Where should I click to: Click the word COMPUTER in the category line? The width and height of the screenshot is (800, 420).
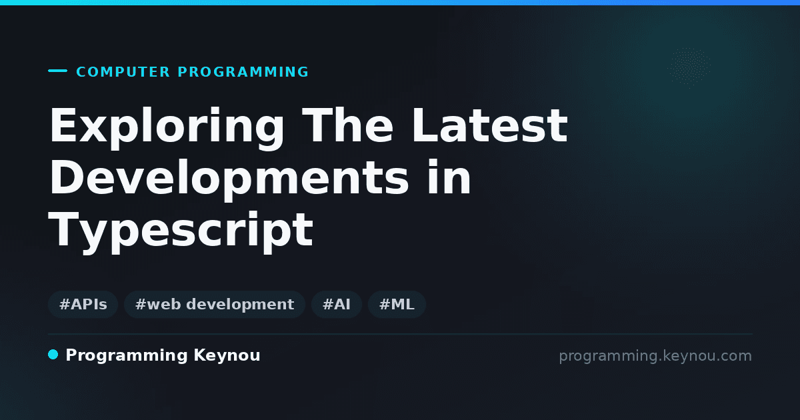(123, 72)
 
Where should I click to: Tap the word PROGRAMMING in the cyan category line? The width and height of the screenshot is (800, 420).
(243, 72)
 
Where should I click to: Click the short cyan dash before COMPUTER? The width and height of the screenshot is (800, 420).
(57, 71)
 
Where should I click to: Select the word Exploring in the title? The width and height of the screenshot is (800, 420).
(167, 127)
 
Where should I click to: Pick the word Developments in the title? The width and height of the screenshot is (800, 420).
(229, 179)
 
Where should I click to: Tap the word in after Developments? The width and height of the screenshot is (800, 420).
(449, 177)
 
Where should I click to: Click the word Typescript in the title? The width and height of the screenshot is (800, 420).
(181, 231)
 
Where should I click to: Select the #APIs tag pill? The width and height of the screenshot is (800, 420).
(83, 304)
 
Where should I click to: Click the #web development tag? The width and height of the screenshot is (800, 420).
(215, 304)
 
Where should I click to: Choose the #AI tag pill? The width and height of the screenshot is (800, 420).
(337, 304)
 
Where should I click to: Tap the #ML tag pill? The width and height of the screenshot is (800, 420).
(397, 304)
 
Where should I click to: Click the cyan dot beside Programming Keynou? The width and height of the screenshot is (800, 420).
(53, 355)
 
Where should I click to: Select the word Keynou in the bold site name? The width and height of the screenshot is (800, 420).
(227, 356)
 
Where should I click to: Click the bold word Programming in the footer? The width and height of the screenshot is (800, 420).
(127, 356)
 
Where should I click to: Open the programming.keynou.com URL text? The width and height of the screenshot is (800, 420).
(655, 356)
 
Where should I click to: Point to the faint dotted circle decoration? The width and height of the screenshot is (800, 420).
(689, 68)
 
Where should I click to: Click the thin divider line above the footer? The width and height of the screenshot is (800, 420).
(400, 334)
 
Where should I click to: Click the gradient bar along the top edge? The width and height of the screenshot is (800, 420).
(400, 3)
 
